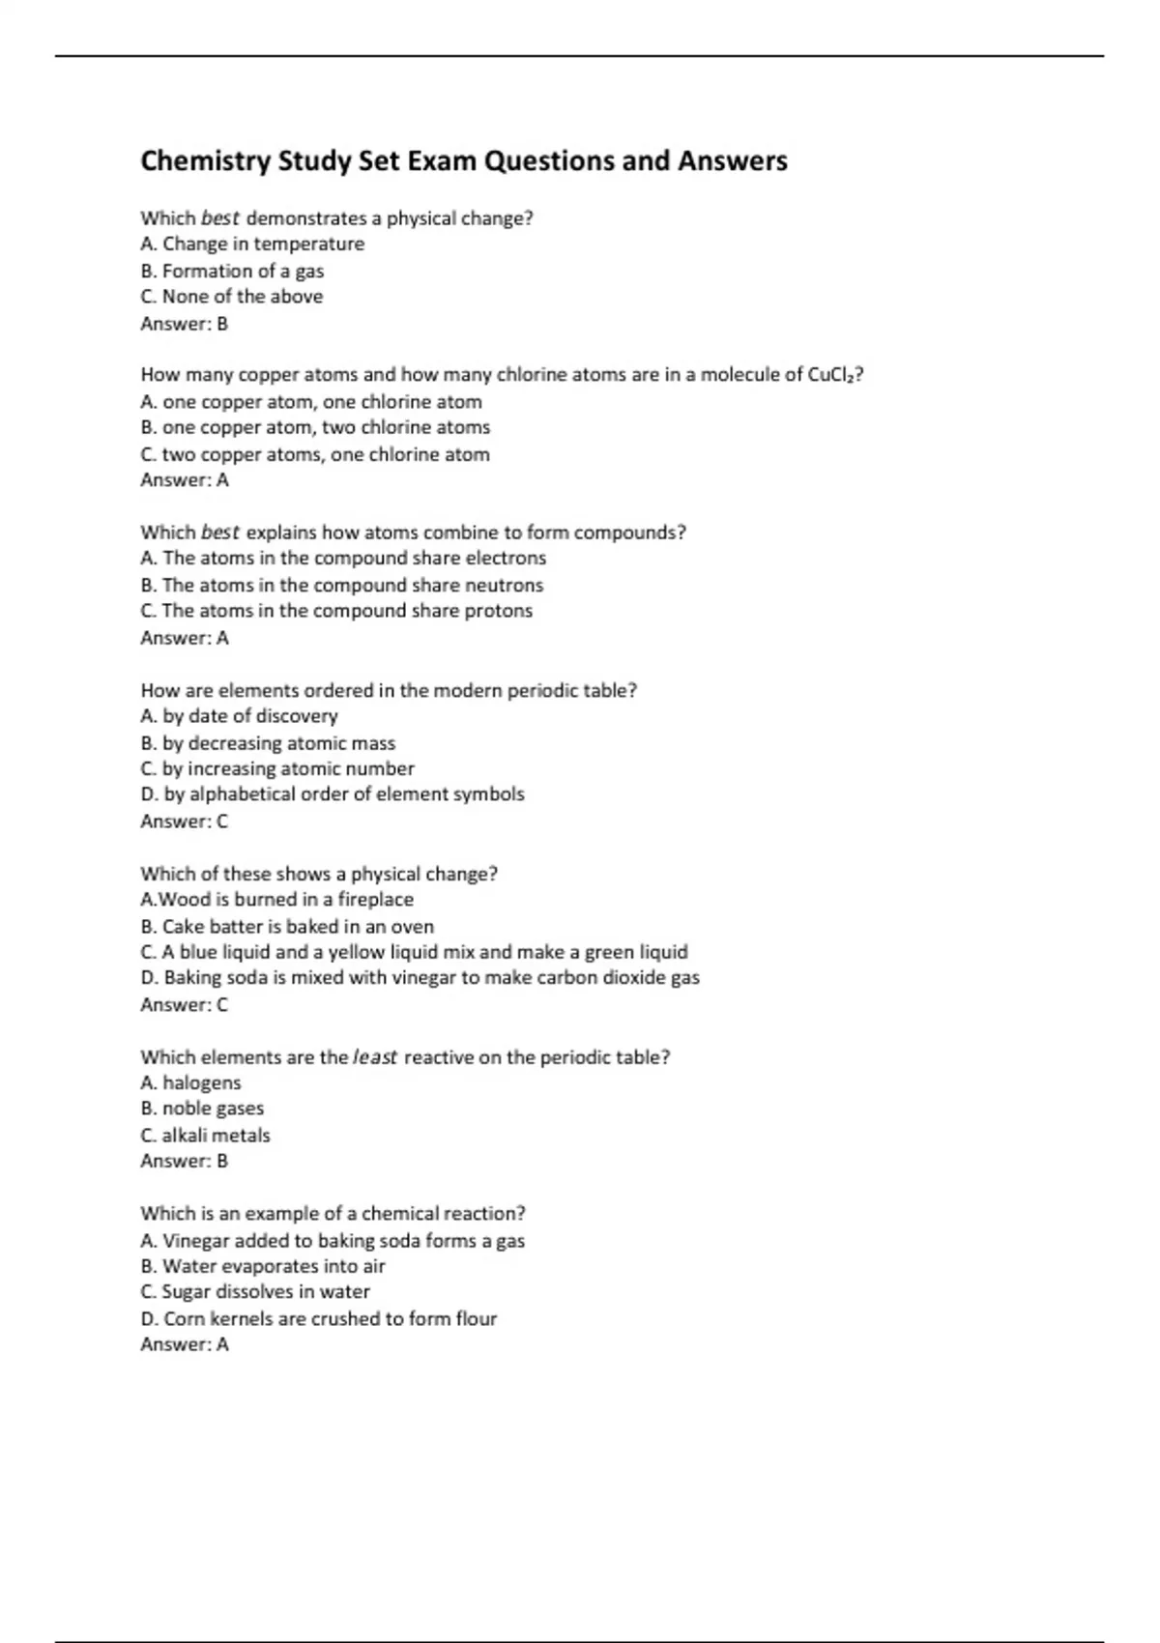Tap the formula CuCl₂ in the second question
click(x=833, y=375)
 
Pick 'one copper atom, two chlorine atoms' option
click(x=315, y=427)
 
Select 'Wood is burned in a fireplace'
click(x=277, y=900)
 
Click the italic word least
click(x=375, y=1057)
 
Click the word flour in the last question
click(x=477, y=1319)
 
